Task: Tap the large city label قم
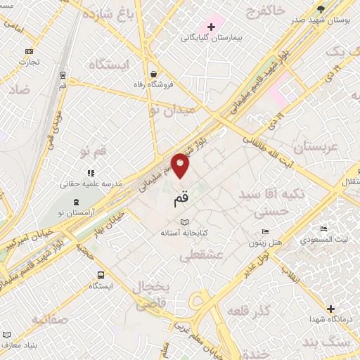point(181,199)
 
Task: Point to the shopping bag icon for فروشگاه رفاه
point(153,73)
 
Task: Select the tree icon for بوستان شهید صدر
point(321,8)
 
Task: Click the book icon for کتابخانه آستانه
point(184,222)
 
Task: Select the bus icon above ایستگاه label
point(101,275)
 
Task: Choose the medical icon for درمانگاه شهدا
point(330,309)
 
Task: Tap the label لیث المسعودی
point(323,240)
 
